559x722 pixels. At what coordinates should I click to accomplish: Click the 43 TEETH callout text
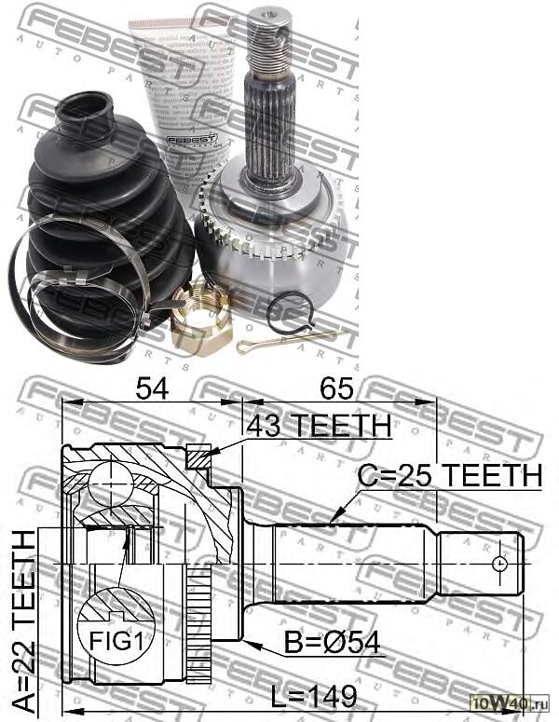click(x=319, y=426)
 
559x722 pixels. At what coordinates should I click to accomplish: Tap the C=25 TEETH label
click(x=450, y=475)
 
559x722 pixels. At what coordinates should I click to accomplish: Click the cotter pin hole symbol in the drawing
click(x=500, y=564)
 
